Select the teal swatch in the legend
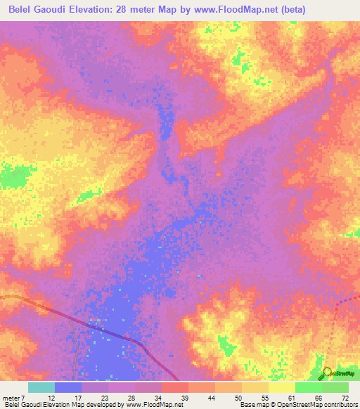pos(41,387)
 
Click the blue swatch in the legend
pos(67,387)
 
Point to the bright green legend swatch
pos(308,387)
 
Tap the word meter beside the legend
pos(12,398)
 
